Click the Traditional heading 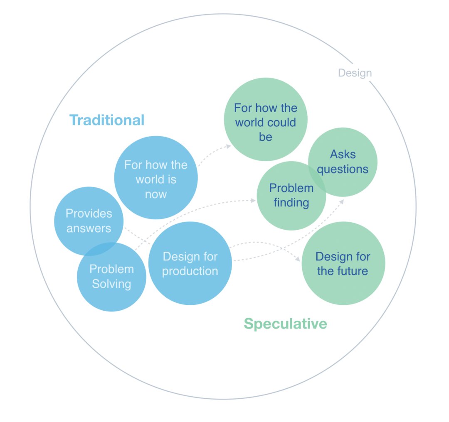coord(107,120)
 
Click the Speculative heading coord(285,324)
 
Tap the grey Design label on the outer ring coord(355,73)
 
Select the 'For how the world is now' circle coord(156,178)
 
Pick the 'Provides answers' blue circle coord(89,221)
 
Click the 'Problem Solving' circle coord(112,277)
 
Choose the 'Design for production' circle coord(190,263)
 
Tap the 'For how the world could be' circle coord(266,119)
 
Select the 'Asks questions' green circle coord(343,162)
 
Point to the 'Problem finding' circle coord(291,196)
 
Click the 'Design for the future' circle coord(343,263)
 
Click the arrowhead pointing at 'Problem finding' coord(253,200)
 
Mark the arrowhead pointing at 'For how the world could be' coord(229,147)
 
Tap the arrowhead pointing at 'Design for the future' coord(298,259)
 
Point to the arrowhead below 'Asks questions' coord(342,202)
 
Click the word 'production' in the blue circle coord(190,271)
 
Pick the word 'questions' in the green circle coord(343,169)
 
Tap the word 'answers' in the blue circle coord(89,228)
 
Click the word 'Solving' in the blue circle coord(112,284)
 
